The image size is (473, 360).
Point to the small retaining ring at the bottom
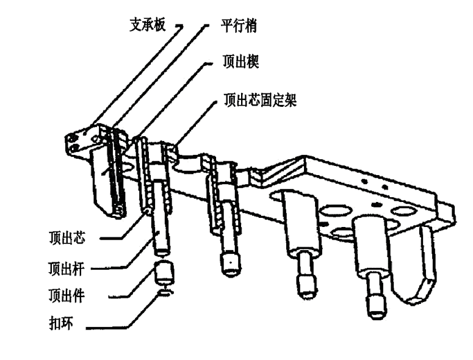[x=165, y=293]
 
